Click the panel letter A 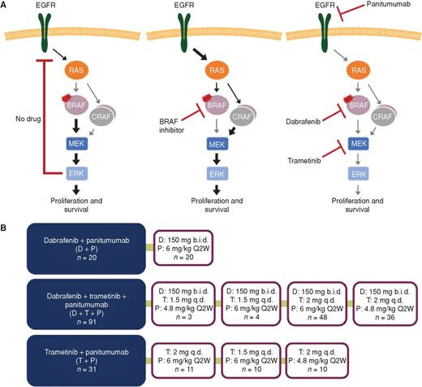coord(5,6)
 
